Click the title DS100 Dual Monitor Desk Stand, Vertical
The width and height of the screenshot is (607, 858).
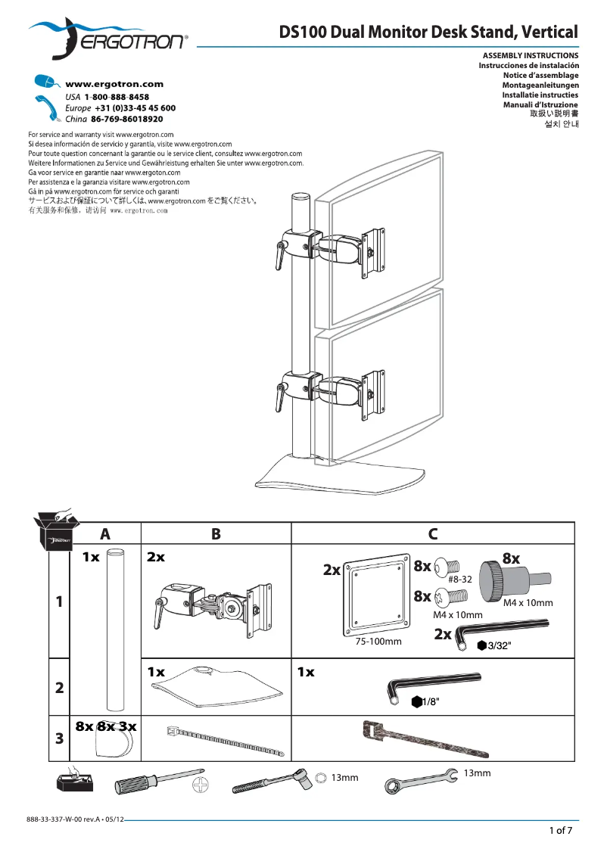click(428, 33)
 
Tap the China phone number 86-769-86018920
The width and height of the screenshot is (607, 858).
click(126, 120)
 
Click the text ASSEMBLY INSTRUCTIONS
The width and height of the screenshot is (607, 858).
click(531, 56)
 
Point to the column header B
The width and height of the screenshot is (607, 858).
click(216, 533)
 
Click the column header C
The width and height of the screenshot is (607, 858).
click(433, 533)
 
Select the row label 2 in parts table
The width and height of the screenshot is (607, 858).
click(59, 689)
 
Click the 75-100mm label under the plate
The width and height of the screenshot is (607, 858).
click(378, 642)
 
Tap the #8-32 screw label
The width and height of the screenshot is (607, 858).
click(460, 579)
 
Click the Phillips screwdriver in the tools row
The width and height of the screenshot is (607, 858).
click(159, 782)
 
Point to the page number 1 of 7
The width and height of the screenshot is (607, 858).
click(560, 831)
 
